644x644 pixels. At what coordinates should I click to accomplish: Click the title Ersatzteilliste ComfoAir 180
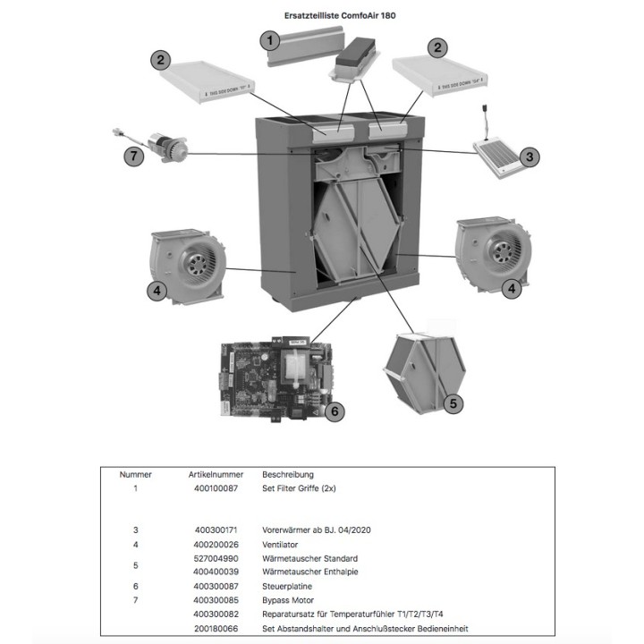[321, 15]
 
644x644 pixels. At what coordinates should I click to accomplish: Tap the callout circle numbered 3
[530, 157]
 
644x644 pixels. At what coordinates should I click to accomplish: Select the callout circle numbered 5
[453, 404]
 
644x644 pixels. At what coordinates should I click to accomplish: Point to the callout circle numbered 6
[332, 411]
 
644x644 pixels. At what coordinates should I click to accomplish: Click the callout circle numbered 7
[131, 157]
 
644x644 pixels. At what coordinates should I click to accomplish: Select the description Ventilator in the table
[281, 544]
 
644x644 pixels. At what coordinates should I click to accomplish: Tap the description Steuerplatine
[288, 586]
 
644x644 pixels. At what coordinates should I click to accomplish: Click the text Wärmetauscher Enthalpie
[309, 572]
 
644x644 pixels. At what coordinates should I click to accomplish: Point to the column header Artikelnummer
[212, 474]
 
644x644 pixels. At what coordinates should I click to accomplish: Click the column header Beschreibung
[288, 474]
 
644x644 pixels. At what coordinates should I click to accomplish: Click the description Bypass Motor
[288, 600]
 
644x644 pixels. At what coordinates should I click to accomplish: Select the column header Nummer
[135, 474]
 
